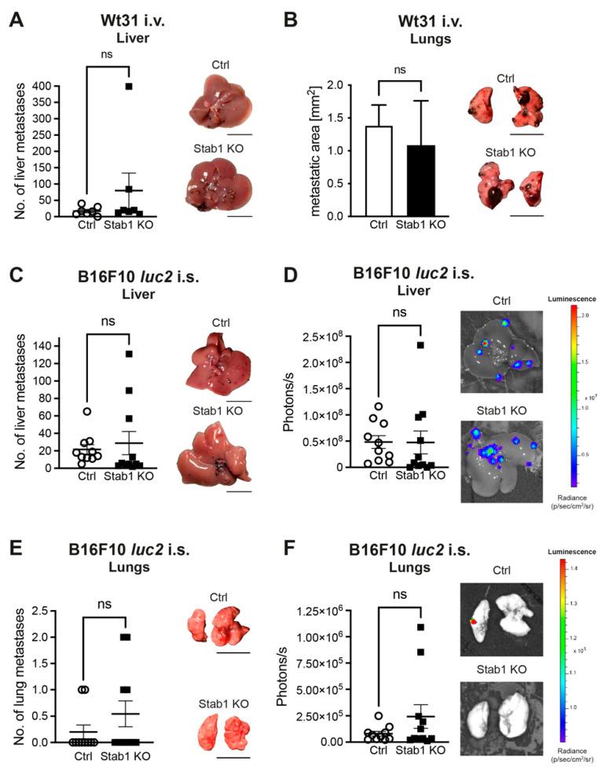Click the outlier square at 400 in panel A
pyautogui.click(x=116, y=86)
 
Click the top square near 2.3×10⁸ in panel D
pyautogui.click(x=421, y=345)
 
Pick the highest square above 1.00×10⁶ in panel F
pyautogui.click(x=421, y=627)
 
